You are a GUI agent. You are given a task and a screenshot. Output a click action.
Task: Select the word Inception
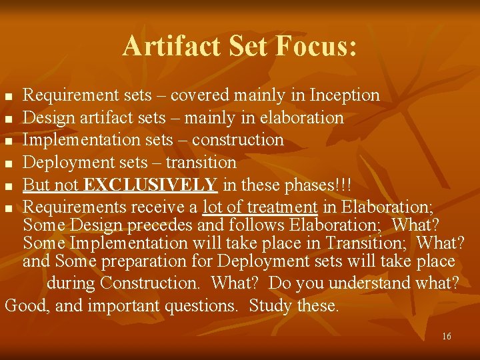click(x=345, y=96)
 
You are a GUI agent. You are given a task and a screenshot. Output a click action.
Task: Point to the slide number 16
click(x=446, y=336)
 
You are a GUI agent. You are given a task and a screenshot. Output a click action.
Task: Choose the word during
click(x=71, y=283)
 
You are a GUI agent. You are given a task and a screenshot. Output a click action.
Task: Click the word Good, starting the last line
click(x=25, y=306)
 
